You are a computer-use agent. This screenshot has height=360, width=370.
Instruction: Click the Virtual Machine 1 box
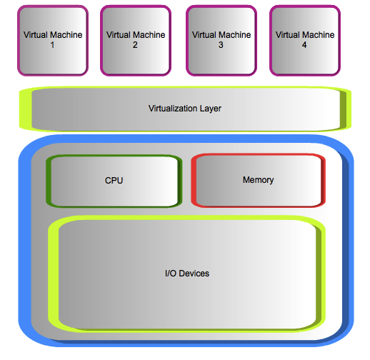coord(53,41)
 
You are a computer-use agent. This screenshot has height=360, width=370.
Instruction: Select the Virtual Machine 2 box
coord(136,41)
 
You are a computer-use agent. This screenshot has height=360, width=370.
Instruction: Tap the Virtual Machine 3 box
coord(221,41)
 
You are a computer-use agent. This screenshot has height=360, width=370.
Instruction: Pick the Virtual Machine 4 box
coord(305,41)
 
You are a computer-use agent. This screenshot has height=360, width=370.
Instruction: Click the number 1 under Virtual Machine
coord(52,45)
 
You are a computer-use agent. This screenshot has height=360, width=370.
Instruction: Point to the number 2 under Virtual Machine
coord(135,45)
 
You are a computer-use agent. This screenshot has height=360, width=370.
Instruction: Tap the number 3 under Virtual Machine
coord(221,45)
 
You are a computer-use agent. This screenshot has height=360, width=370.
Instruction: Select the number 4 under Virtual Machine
coord(304,45)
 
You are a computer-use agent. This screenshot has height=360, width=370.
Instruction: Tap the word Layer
coord(211,109)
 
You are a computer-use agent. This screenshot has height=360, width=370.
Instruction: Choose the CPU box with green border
coord(114,181)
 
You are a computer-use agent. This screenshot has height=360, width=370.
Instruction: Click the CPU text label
coord(114,181)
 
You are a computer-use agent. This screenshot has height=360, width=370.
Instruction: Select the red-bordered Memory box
coord(259,181)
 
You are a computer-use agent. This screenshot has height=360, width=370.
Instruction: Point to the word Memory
coord(259,180)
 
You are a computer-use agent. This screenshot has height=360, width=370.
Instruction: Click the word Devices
coord(194,274)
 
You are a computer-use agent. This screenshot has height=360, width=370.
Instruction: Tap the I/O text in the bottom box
coord(171,274)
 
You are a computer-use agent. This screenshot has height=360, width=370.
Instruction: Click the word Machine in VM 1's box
coord(66,35)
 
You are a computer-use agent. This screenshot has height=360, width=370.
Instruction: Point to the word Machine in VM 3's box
coord(235,35)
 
